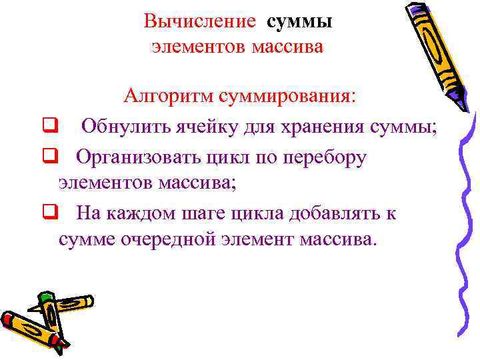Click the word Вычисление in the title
coord(199,21)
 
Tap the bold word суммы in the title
coord(299,21)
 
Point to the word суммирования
coord(285,95)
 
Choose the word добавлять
coord(333,213)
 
